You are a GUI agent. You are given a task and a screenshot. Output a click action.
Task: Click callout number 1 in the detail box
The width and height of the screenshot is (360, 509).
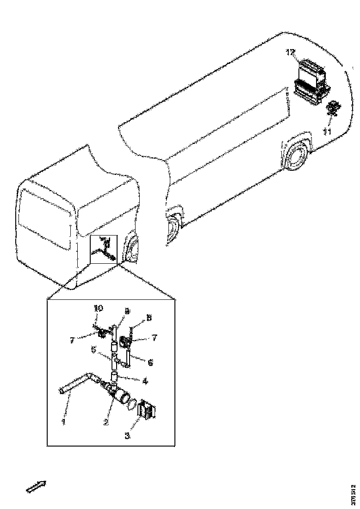tap(64, 421)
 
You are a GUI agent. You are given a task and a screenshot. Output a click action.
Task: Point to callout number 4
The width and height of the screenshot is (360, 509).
tap(145, 382)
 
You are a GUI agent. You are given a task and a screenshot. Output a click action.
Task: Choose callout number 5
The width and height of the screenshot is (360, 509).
tap(94, 350)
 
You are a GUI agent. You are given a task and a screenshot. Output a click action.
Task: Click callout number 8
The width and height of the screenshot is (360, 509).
tap(149, 317)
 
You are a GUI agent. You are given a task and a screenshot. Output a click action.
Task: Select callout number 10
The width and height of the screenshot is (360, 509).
tap(98, 308)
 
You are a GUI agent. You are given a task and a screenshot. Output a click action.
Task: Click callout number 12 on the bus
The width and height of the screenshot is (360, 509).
tap(290, 53)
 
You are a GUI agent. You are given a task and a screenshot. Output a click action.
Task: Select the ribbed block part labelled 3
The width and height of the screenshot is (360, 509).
tap(148, 410)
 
